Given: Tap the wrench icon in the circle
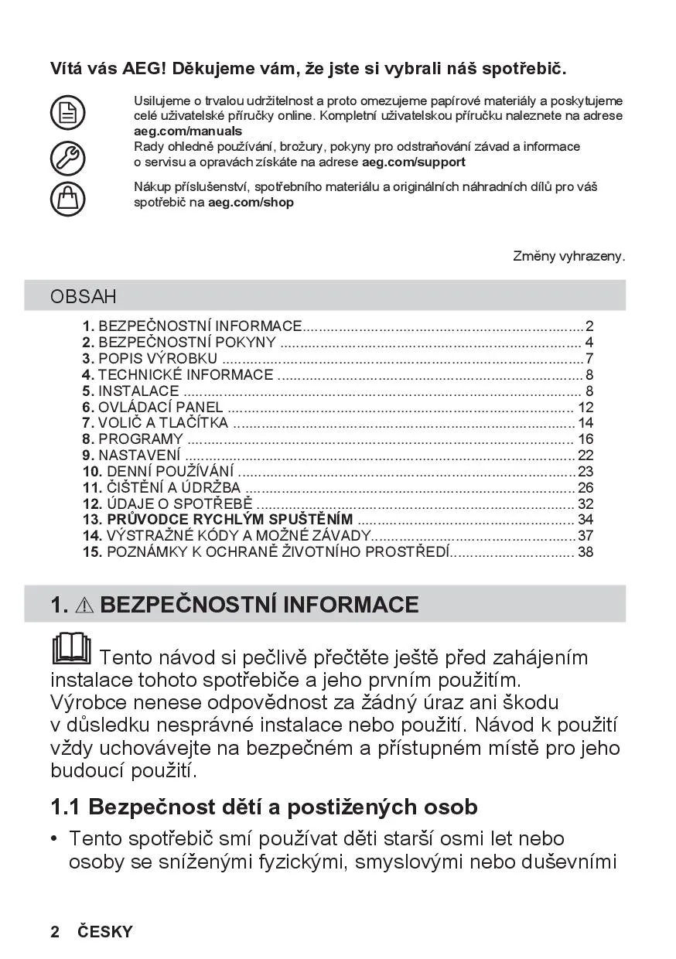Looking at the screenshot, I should pos(67,158).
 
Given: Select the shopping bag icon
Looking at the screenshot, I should pos(67,198).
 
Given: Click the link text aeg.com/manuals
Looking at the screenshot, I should pos(188,131).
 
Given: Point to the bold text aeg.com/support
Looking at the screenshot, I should pos(414,162).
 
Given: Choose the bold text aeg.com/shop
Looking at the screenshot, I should pos(251,203).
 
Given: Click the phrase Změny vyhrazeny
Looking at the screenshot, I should pos(568,256).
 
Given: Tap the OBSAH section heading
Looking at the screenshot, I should pos(84,296).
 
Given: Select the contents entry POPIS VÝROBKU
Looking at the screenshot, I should pos(158,358).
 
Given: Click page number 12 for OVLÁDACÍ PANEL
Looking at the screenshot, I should pos(586,407).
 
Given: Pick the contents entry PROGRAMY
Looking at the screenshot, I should pos(141,439).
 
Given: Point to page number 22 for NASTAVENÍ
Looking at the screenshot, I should pos(586,456).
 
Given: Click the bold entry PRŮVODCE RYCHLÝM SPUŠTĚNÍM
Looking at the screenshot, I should pos(230,519).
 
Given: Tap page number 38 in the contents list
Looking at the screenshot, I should pos(586,551).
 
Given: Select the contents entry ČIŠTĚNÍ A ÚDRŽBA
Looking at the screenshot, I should pos(173,487).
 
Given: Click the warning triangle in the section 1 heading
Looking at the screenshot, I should pos(85,606).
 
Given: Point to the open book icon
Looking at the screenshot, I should pos(70,649).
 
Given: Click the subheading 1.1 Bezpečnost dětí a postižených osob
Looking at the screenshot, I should pos(264,807).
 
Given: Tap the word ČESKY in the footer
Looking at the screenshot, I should pos(105,932).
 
